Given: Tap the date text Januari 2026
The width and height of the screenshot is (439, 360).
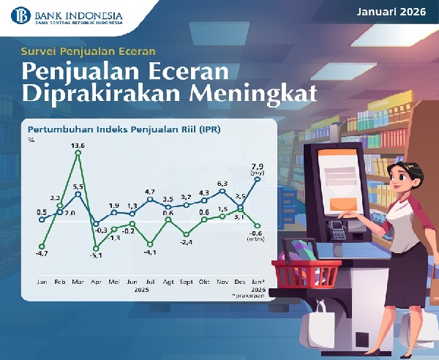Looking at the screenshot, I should click(392, 12).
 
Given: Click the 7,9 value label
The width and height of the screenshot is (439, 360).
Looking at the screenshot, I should click(258, 165).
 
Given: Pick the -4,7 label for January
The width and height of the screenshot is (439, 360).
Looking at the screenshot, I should click(42, 253).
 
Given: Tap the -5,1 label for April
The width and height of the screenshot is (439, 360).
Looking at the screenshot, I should click(95, 255).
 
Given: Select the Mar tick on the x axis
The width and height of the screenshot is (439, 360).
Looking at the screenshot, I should click(78, 281).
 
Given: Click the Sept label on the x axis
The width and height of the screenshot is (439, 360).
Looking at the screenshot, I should click(186, 281).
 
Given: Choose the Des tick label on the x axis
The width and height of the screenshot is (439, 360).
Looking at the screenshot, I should click(239, 281).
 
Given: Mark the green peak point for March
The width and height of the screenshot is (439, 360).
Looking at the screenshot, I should click(78, 152).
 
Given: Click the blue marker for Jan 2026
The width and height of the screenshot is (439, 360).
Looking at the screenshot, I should click(258, 179).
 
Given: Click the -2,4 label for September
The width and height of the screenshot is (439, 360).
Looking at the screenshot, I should click(187, 242).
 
